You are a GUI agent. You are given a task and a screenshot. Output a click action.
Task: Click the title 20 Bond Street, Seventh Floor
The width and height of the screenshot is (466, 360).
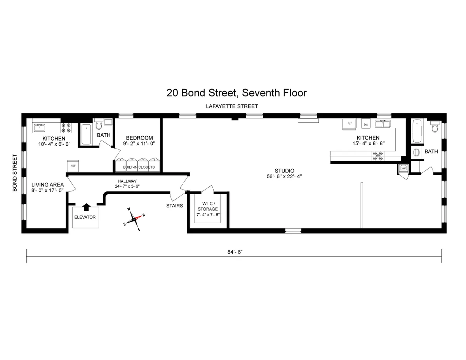tap(236, 93)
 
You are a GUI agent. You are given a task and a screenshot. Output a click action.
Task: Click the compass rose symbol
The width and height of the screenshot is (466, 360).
tap(134, 219)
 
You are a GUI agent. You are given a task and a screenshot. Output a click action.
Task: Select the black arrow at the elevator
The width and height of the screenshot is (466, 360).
tap(86, 207)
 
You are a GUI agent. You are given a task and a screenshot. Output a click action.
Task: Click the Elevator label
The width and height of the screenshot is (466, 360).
tap(85, 217)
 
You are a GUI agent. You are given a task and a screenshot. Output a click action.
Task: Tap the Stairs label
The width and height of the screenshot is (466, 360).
tap(174, 206)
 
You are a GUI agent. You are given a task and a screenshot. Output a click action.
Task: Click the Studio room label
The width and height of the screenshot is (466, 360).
tap(284, 170)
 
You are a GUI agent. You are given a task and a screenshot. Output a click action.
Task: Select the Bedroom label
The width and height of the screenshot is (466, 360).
tap(139, 138)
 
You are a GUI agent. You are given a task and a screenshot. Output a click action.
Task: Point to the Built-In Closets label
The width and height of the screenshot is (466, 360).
tap(139, 167)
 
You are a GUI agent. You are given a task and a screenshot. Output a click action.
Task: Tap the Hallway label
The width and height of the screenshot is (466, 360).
tap(127, 181)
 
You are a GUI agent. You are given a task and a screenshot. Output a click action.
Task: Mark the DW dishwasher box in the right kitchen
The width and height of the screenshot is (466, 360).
tap(366, 124)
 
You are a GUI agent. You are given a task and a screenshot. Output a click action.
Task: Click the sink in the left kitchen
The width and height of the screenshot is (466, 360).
tap(39, 127)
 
